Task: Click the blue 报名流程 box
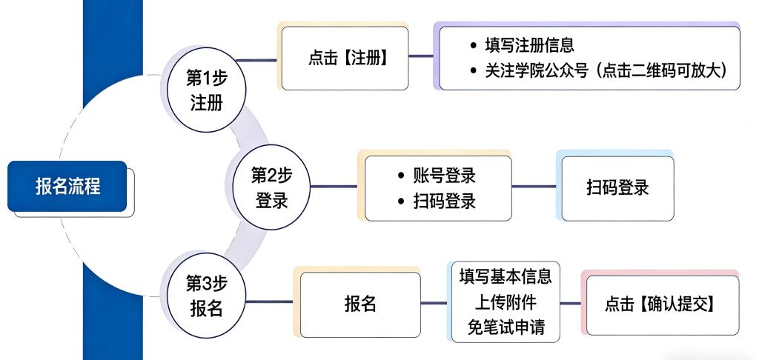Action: click(x=67, y=187)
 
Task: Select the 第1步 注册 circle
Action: click(x=205, y=88)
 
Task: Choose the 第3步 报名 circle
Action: click(x=205, y=296)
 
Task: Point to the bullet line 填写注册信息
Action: click(x=529, y=46)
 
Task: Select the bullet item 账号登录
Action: click(x=444, y=176)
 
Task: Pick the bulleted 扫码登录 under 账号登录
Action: click(x=444, y=200)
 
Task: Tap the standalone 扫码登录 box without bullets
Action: click(x=617, y=187)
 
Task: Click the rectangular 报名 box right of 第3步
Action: click(x=359, y=303)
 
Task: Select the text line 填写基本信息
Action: click(x=506, y=278)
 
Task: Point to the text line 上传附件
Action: click(x=506, y=302)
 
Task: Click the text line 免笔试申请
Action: click(x=506, y=327)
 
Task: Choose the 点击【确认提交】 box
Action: click(x=659, y=303)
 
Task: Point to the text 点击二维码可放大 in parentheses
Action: click(x=667, y=71)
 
